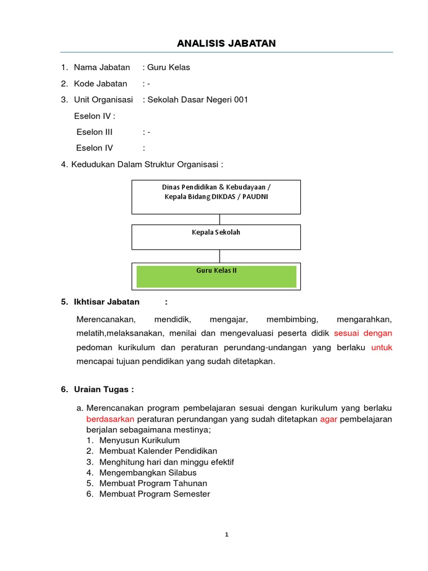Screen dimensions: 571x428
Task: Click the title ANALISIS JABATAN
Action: click(226, 43)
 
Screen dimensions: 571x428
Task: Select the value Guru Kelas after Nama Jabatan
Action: click(168, 67)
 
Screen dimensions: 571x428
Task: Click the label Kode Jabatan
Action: click(100, 84)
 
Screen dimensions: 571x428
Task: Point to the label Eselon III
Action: click(94, 132)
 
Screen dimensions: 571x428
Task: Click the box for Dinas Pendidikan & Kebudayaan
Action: click(216, 197)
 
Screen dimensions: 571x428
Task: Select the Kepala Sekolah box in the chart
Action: click(216, 236)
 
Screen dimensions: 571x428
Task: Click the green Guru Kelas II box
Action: click(216, 276)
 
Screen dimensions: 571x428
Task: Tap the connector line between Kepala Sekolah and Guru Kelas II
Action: click(220, 256)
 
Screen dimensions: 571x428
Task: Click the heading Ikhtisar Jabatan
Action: click(106, 302)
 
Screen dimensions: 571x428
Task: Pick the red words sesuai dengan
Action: click(363, 333)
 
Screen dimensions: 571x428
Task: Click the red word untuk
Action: click(382, 347)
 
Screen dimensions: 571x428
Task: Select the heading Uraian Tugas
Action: click(104, 389)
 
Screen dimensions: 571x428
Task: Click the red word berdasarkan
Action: click(110, 419)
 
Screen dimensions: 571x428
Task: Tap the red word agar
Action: click(329, 419)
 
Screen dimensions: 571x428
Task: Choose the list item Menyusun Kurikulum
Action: click(139, 441)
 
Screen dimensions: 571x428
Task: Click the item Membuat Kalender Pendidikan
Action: click(158, 451)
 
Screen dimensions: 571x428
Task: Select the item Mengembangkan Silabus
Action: click(148, 472)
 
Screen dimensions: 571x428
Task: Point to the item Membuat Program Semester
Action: click(154, 494)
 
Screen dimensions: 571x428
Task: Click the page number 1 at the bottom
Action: click(226, 535)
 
